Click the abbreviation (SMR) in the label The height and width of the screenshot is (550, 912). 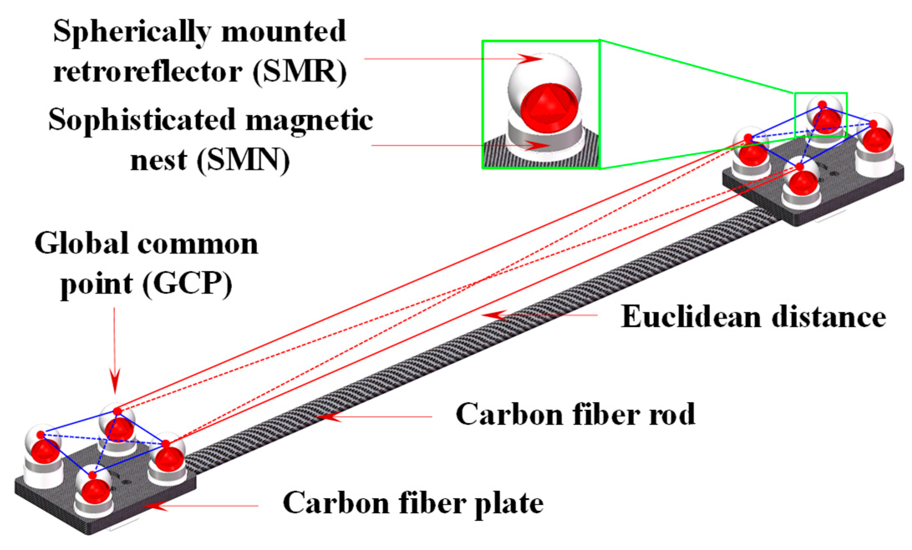[x=300, y=72]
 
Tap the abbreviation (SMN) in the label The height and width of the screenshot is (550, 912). [x=243, y=161]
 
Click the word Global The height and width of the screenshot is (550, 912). [x=82, y=244]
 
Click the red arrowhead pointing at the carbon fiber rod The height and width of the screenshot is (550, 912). [x=328, y=416]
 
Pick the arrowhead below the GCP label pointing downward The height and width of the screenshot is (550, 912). [x=115, y=382]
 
